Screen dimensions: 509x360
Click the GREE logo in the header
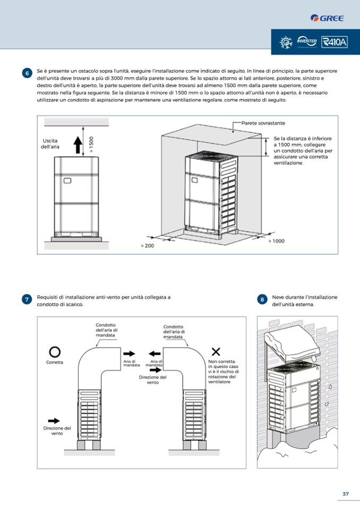327,18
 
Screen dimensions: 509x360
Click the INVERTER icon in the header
307,41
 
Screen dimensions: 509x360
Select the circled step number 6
28,73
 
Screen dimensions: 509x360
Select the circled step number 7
28,300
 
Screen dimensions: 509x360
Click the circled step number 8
262,300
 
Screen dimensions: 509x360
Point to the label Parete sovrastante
263,123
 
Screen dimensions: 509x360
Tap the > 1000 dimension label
276,241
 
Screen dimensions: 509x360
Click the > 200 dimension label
148,246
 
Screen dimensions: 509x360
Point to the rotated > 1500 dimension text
91,145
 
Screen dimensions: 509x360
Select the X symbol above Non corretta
216,351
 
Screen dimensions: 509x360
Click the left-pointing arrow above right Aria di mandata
155,353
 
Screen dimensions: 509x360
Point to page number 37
345,494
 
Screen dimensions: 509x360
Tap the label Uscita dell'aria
51,143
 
